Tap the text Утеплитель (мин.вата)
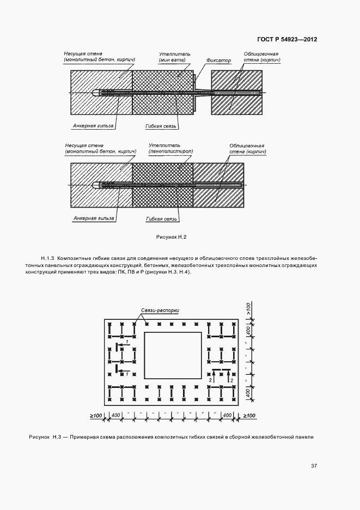tap(175, 58)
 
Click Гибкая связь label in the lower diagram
tap(162, 218)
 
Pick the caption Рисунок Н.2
tap(171, 237)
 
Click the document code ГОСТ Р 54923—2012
tap(288, 39)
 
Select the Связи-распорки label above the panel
tap(160, 309)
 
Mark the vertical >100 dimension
tap(248, 309)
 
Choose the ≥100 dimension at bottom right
tap(249, 416)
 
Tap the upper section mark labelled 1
tap(127, 342)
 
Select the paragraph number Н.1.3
tap(47, 258)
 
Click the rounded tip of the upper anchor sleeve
tap(95, 93)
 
